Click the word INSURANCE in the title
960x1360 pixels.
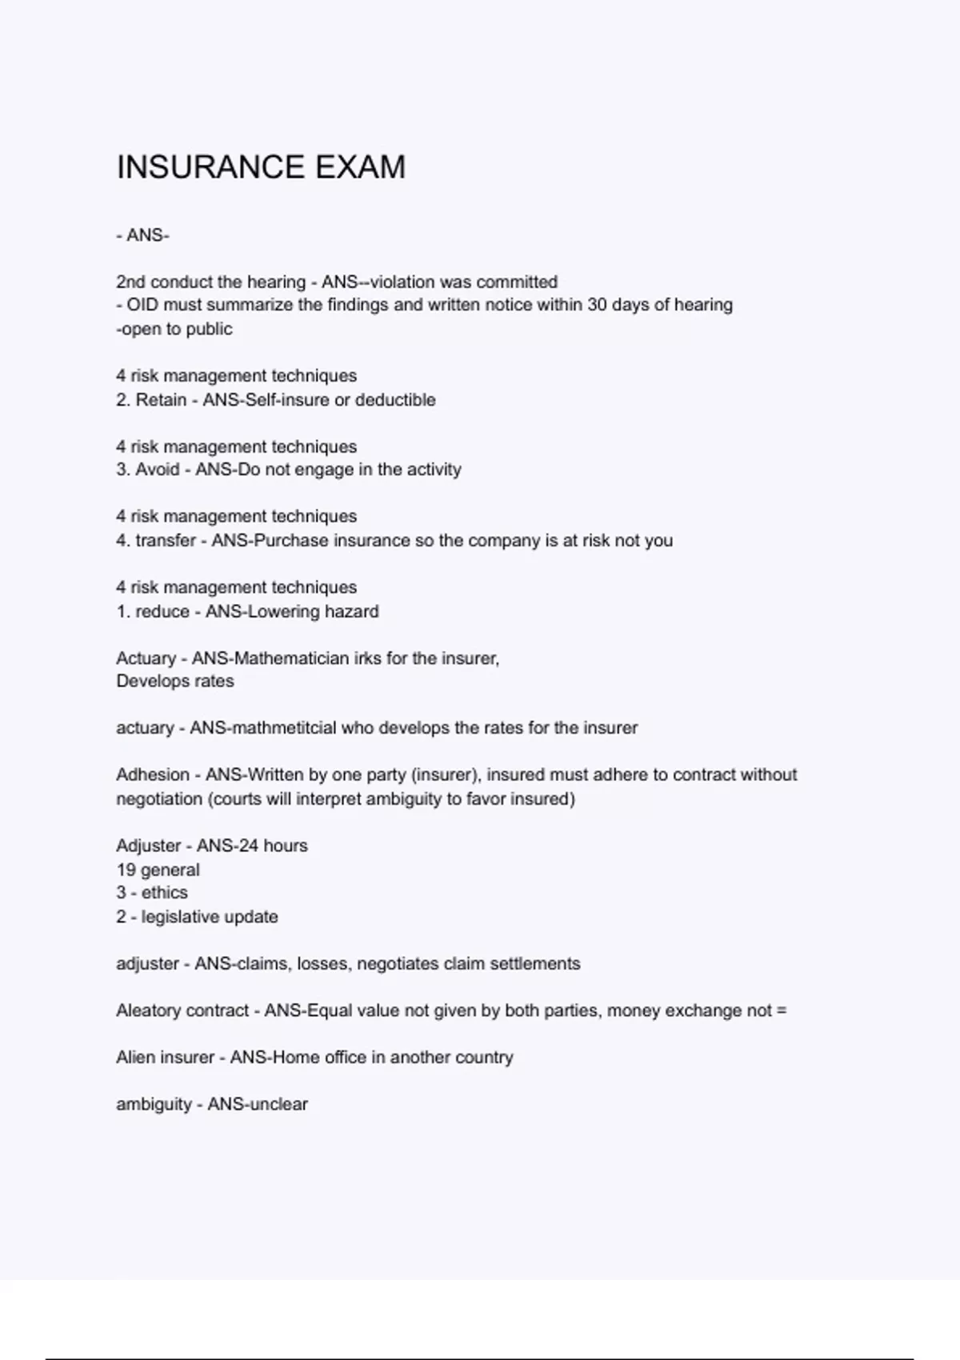click(x=210, y=168)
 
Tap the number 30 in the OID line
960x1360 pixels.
click(x=597, y=305)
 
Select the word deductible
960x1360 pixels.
click(x=395, y=400)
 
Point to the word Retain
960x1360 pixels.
click(x=161, y=400)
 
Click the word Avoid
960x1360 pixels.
click(x=157, y=470)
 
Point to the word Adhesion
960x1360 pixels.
click(x=153, y=774)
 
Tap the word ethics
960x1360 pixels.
click(x=165, y=893)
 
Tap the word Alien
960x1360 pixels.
click(x=136, y=1058)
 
